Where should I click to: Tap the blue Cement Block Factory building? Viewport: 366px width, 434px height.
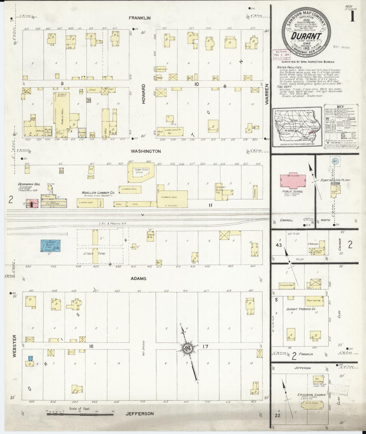pos(51,245)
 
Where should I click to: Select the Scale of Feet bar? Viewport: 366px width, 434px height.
pos(80,414)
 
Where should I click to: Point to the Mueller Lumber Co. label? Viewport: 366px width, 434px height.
pos(98,193)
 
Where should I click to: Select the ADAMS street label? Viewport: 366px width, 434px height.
pos(138,279)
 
